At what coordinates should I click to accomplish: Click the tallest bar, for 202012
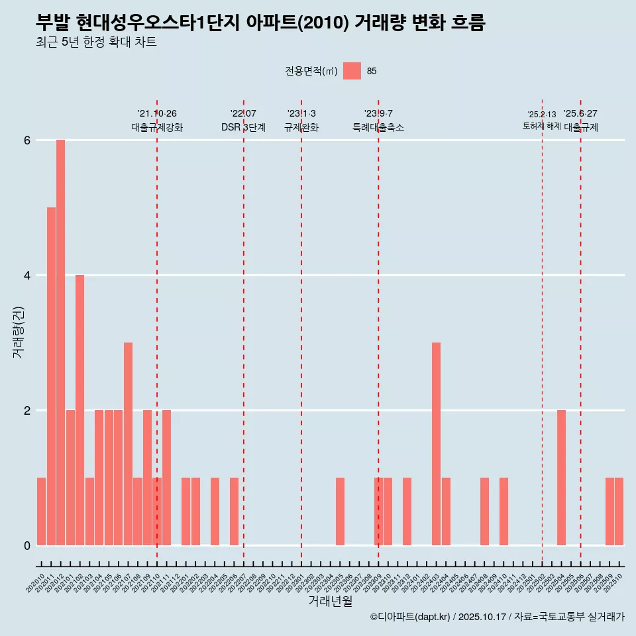pyautogui.click(x=60, y=343)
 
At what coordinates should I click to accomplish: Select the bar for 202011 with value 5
pyautogui.click(x=51, y=376)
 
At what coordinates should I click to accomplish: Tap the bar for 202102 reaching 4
pyautogui.click(x=79, y=410)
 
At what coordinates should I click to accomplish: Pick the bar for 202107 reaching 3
pyautogui.click(x=128, y=444)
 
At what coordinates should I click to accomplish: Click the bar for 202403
pyautogui.click(x=437, y=444)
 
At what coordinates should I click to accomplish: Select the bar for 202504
pyautogui.click(x=561, y=478)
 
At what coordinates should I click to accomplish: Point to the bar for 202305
pyautogui.click(x=340, y=511)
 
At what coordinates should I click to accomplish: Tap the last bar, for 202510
pyautogui.click(x=619, y=511)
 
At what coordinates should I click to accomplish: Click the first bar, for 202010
pyautogui.click(x=41, y=511)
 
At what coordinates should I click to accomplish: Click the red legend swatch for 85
pyautogui.click(x=352, y=71)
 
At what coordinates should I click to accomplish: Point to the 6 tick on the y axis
pyautogui.click(x=27, y=140)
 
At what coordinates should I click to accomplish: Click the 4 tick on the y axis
pyautogui.click(x=27, y=276)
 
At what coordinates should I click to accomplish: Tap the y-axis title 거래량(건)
pyautogui.click(x=18, y=332)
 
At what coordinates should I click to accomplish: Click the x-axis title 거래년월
pyautogui.click(x=330, y=601)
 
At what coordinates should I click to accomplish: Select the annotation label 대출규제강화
pyautogui.click(x=157, y=127)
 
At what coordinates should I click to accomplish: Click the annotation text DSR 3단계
pyautogui.click(x=243, y=127)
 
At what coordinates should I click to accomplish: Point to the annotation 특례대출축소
pyautogui.click(x=378, y=127)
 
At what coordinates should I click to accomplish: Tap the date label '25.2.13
pyautogui.click(x=542, y=115)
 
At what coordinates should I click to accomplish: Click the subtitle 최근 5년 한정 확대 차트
pyautogui.click(x=97, y=43)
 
